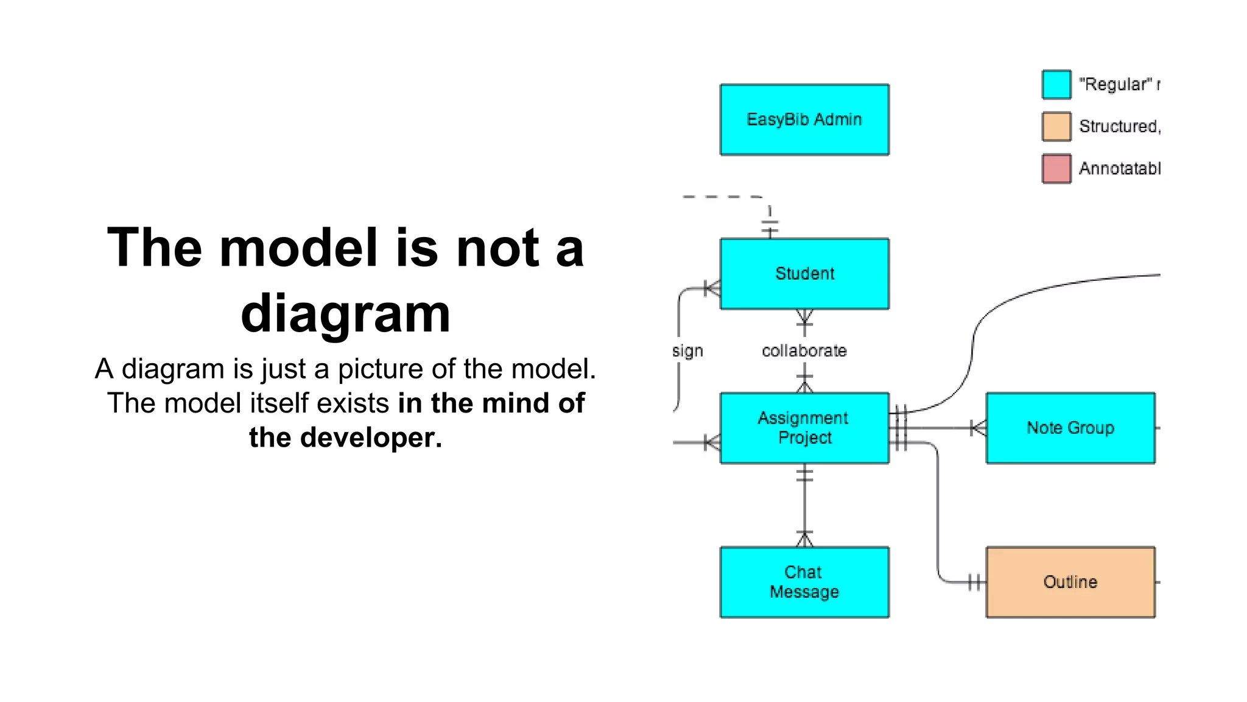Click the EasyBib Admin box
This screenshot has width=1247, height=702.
804,119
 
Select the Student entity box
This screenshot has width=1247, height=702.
804,274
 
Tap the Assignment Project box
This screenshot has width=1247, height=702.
804,428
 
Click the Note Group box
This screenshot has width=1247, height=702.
1070,428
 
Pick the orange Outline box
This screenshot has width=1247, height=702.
1070,582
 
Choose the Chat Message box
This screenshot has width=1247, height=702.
804,582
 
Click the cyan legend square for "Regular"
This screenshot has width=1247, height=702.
1056,85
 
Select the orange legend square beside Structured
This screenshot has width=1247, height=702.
1056,127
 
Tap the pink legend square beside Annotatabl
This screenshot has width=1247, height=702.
1056,169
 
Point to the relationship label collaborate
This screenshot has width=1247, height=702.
804,351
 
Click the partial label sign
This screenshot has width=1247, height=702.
687,352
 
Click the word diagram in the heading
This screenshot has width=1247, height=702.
345,313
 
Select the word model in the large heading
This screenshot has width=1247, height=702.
298,247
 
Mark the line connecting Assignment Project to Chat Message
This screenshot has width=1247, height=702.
804,506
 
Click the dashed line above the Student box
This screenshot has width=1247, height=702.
722,197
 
